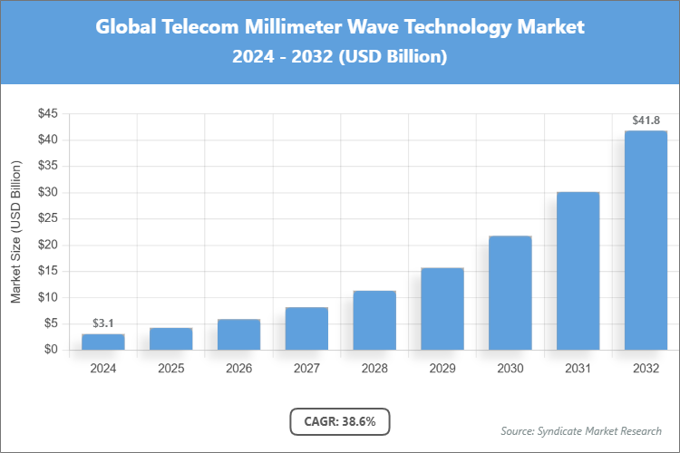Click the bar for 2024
pos(102,342)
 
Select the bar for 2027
pos(306,328)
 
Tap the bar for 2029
pos(442,308)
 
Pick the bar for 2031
pos(578,270)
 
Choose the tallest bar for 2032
pos(646,240)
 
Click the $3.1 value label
pos(102,323)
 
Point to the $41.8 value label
pos(646,120)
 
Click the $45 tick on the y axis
pos(47,114)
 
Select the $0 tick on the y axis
pos(51,350)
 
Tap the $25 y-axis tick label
pos(47,218)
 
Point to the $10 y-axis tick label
pos(47,297)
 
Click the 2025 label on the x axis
pos(170,369)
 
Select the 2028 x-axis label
pos(374,369)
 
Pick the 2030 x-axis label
pos(510,369)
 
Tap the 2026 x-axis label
pos(238,369)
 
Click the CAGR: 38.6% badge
pos(339,421)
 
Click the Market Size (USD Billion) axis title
pos(15,231)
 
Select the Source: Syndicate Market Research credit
pos(580,430)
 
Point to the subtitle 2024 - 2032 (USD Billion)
pos(340,56)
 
